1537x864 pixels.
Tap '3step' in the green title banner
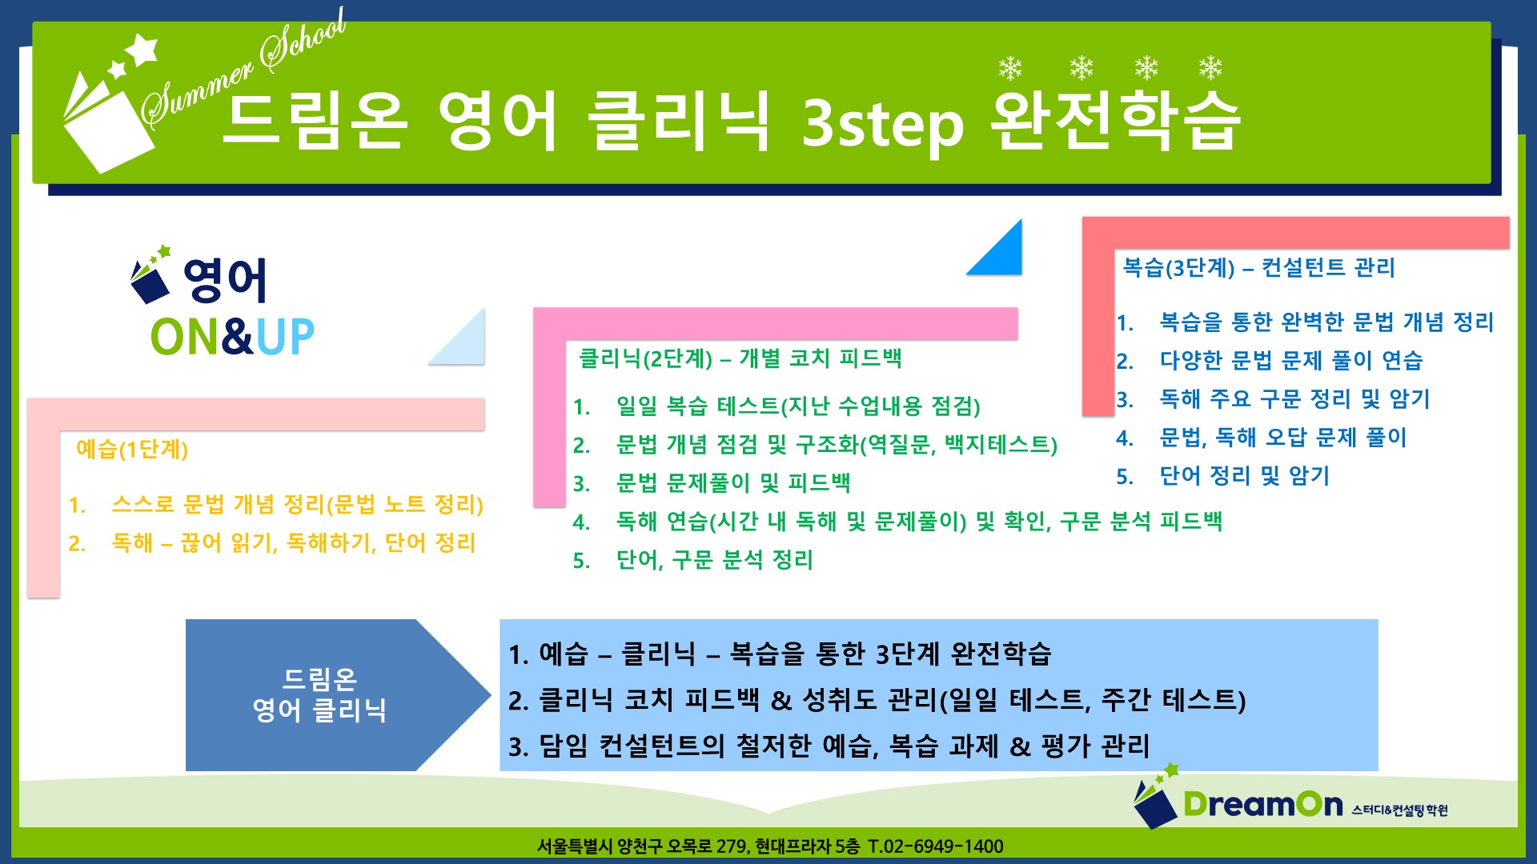coord(882,124)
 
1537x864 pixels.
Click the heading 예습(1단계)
coord(132,449)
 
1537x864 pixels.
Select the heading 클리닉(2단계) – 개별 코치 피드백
coord(740,358)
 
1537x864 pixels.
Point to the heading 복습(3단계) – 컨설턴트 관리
coord(1259,267)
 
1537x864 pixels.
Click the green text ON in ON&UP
coord(185,337)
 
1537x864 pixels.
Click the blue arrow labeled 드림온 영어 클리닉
coord(336,694)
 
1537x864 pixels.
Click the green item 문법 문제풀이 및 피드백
coord(733,482)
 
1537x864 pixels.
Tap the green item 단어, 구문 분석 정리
coord(715,559)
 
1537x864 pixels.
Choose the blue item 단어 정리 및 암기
coord(1245,476)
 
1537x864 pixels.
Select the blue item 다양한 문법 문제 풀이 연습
coord(1291,360)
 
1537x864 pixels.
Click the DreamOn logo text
coord(1262,804)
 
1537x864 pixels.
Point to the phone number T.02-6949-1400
coord(935,846)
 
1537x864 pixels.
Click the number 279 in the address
coord(732,846)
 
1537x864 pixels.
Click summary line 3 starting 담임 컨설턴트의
coord(829,746)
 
